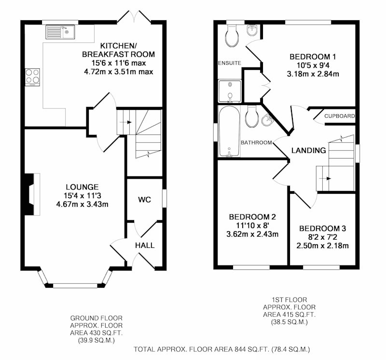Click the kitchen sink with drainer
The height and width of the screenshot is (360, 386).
(60, 32)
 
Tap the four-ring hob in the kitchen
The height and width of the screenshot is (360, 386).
(32, 77)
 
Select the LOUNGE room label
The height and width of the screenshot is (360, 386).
(82, 187)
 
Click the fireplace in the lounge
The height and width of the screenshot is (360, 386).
(32, 194)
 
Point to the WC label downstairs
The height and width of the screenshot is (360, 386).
(144, 200)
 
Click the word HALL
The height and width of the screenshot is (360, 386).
(145, 245)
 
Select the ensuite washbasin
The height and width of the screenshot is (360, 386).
(251, 30)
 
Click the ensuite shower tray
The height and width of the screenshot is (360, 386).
(230, 91)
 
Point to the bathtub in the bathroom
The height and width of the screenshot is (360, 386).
(229, 131)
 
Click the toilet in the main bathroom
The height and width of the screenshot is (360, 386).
(251, 117)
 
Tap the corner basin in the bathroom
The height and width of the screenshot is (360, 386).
(267, 120)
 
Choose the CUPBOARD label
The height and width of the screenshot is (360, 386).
(340, 116)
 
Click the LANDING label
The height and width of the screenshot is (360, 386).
(309, 150)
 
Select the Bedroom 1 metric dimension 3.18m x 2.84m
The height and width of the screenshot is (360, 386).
(313, 74)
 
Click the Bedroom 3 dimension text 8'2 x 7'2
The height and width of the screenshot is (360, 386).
(322, 237)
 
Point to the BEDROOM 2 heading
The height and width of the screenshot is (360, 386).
(252, 217)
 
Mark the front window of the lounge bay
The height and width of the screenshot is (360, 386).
(75, 286)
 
